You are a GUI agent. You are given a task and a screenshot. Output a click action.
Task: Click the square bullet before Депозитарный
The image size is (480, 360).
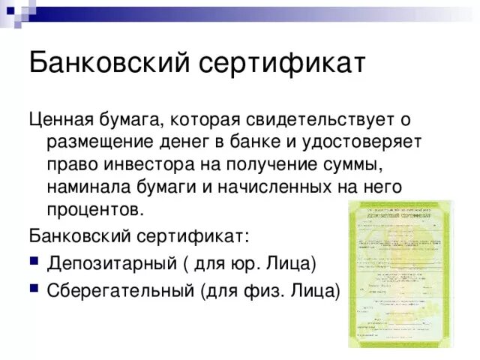[x=34, y=263]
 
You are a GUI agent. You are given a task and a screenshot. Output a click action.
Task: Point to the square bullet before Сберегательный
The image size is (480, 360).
[x=34, y=289]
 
